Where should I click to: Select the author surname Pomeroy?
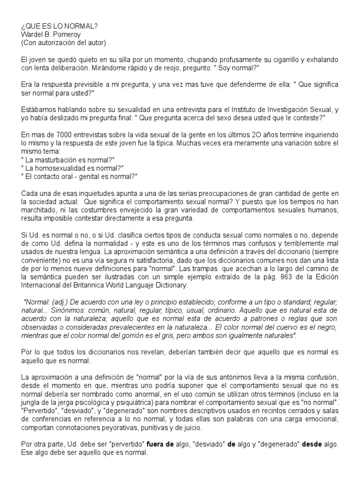(x=72, y=35)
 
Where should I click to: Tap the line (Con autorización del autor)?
(x=63, y=43)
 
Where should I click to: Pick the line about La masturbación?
(x=65, y=160)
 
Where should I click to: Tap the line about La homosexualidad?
(x=66, y=168)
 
